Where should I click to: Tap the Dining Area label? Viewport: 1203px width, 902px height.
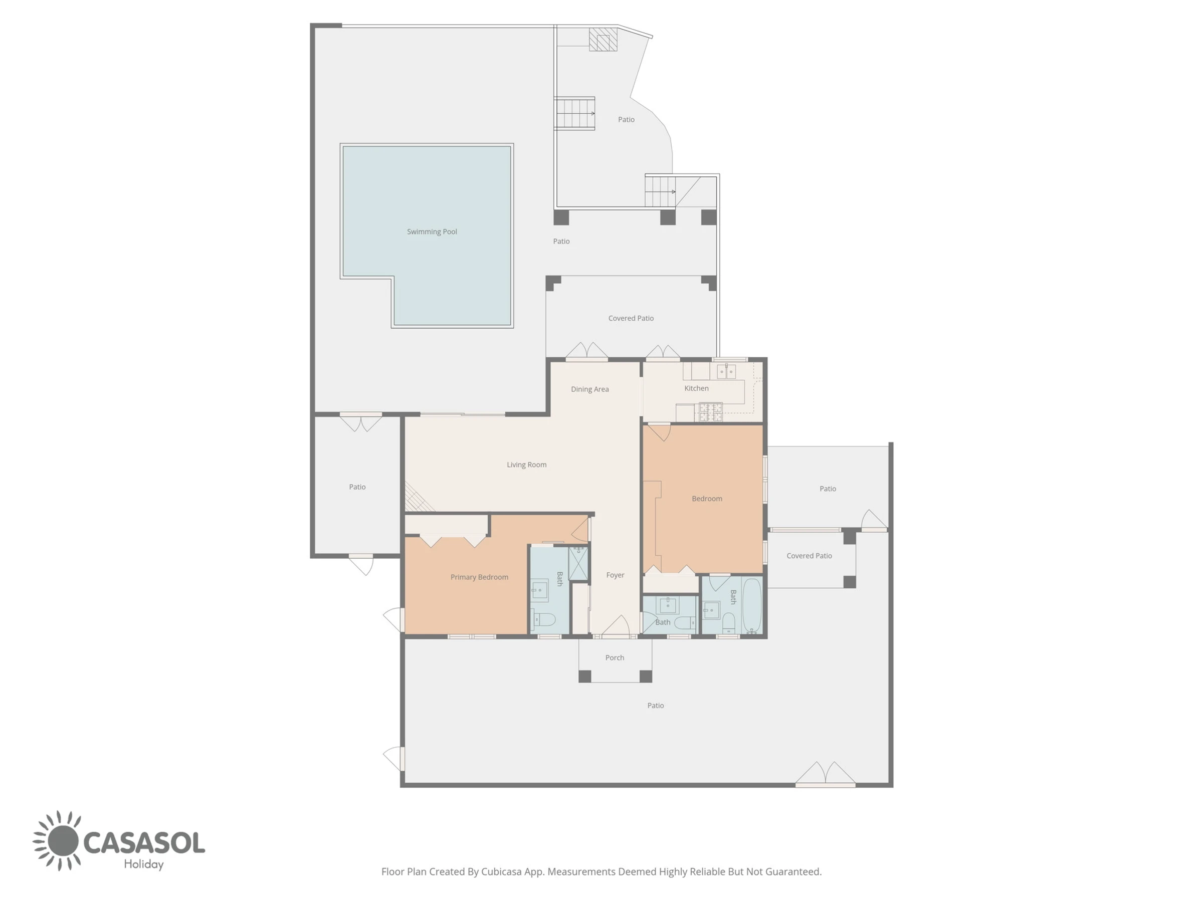[x=589, y=389]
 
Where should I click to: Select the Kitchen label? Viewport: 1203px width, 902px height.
[x=696, y=388]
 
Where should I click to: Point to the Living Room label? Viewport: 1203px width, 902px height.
[x=526, y=465]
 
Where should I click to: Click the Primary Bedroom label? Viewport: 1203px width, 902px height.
[x=479, y=577]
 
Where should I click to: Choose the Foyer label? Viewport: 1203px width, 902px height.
[x=615, y=575]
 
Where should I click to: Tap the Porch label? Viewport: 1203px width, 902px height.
[x=615, y=658]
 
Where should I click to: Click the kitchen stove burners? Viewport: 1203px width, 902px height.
[x=711, y=411]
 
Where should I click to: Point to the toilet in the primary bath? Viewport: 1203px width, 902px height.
[x=544, y=619]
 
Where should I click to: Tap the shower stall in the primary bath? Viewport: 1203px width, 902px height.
[x=578, y=564]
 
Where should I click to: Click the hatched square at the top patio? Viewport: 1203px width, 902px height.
[x=603, y=39]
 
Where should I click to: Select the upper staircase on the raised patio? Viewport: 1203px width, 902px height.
[x=574, y=114]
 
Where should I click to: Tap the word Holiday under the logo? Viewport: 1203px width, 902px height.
[x=143, y=864]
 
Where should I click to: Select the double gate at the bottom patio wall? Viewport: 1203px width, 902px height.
[x=825, y=774]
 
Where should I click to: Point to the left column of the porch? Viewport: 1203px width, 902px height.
[x=584, y=676]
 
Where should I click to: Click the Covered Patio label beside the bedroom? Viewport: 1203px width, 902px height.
[x=809, y=556]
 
